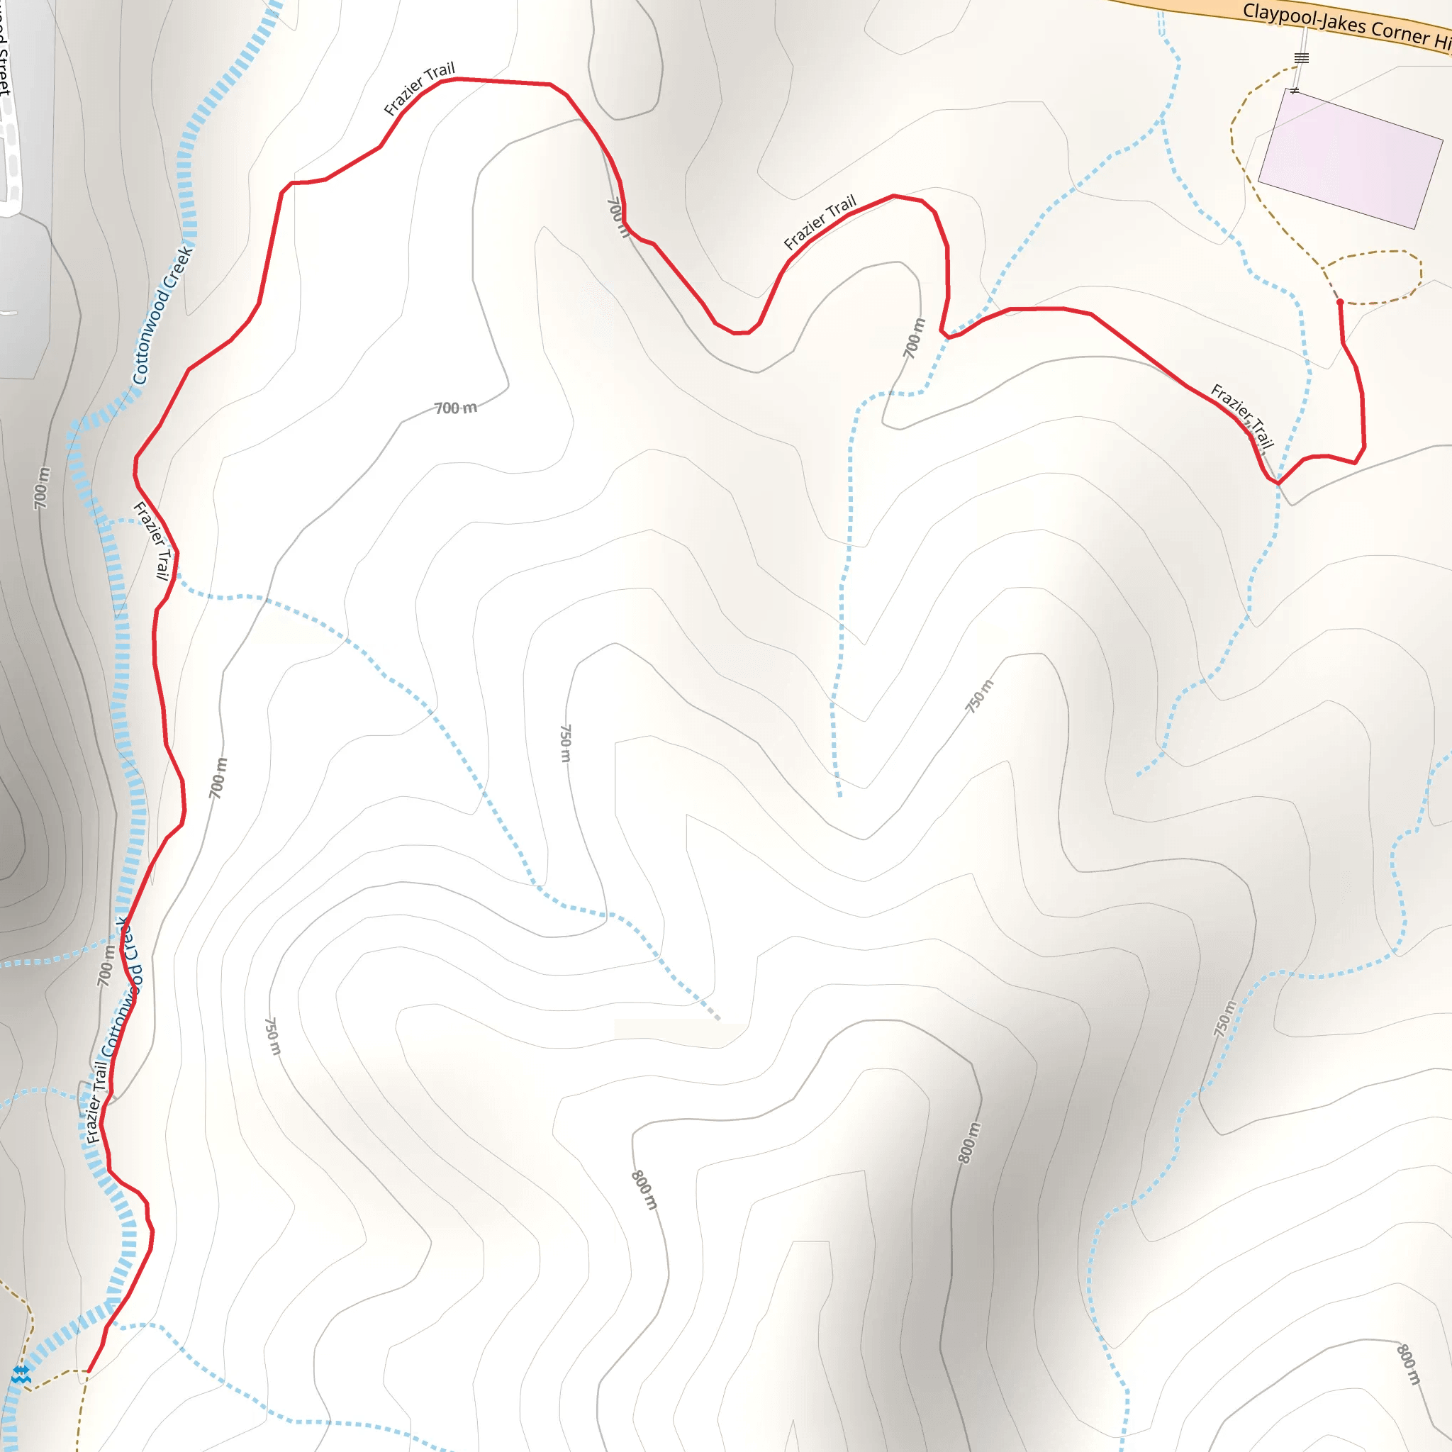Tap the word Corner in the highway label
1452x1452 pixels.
[x=1400, y=33]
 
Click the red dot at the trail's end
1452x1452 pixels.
[x=1340, y=302]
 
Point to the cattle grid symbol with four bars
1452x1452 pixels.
[x=1302, y=58]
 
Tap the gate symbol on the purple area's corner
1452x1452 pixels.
[x=1294, y=91]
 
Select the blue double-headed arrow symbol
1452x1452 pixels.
[x=21, y=1370]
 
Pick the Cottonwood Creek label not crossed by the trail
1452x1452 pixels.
[x=162, y=315]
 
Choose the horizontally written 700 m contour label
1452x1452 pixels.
[x=455, y=408]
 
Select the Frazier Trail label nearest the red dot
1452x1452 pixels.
[x=1241, y=415]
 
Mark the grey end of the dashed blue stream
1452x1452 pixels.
[x=717, y=1017]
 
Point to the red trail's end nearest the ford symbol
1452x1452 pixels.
[x=89, y=1371]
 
